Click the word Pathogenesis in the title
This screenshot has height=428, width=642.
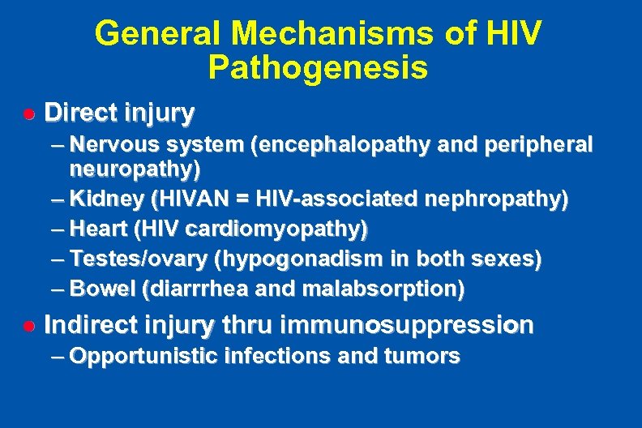(x=318, y=67)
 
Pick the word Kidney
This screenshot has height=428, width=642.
(x=101, y=199)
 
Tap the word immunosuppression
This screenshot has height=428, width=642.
(x=406, y=326)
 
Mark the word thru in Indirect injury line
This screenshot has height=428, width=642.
(x=247, y=326)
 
